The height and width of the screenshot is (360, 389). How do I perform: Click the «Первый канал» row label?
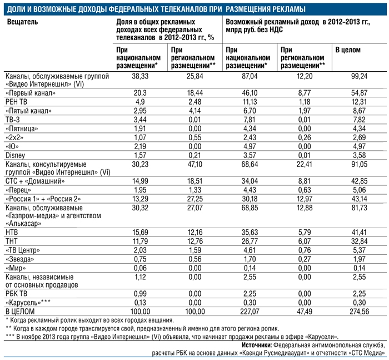31,93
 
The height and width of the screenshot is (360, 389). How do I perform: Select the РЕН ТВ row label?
16,102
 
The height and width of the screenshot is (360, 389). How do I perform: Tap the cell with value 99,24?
359,76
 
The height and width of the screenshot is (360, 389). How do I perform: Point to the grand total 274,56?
359,311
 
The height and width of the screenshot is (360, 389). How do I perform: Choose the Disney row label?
16,156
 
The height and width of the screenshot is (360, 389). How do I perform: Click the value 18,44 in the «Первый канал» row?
194,93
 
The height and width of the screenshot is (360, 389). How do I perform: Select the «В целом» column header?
348,50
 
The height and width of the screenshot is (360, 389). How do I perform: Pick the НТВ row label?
12,232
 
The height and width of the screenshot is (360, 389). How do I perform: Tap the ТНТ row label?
12,241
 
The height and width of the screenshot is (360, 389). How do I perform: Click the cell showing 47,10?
194,165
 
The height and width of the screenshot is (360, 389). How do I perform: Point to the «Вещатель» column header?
23,22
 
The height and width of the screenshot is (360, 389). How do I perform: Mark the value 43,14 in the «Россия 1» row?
359,199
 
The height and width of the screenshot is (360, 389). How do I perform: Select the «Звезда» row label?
20,259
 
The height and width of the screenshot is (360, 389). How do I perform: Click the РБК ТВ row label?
16,294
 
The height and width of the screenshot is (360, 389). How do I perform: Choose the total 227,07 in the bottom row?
250,311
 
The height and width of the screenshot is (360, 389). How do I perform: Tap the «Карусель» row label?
28,303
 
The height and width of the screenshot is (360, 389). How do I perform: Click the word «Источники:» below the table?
257,346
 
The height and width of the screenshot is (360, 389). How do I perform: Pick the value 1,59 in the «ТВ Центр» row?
194,250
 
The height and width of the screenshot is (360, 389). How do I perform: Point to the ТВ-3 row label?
12,120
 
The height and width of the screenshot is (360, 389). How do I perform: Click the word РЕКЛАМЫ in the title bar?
290,9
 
